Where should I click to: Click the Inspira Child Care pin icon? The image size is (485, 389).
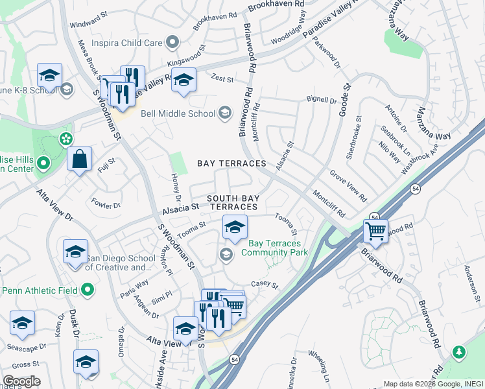pyautogui.click(x=172, y=43)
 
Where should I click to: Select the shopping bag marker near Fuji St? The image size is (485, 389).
pyautogui.click(x=79, y=159)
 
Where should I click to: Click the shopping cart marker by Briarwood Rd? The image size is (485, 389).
pyautogui.click(x=375, y=230)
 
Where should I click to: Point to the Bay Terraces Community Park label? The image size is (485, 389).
pyautogui.click(x=273, y=248)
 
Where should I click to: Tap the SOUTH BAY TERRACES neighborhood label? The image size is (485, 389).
pyautogui.click(x=232, y=202)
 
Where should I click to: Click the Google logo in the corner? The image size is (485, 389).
pyautogui.click(x=21, y=381)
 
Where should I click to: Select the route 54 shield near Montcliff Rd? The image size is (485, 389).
pyautogui.click(x=374, y=217)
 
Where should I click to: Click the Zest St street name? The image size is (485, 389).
pyautogui.click(x=222, y=78)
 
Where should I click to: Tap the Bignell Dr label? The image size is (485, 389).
pyautogui.click(x=322, y=100)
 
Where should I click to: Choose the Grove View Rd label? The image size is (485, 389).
pyautogui.click(x=348, y=185)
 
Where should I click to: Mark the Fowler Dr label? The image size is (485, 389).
pyautogui.click(x=106, y=204)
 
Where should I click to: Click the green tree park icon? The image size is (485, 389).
pyautogui.click(x=460, y=351)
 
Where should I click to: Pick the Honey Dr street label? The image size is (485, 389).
pyautogui.click(x=176, y=187)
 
